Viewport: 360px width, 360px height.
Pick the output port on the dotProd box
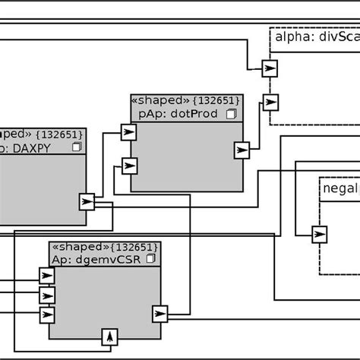[242, 150]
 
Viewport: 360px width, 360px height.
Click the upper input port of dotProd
[129, 133]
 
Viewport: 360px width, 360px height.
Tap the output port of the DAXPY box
[87, 201]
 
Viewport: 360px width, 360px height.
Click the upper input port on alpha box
[270, 68]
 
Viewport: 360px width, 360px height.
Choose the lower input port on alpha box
[270, 101]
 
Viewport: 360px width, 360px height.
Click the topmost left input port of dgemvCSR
[47, 276]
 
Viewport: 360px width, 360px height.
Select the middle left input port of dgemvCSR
[47, 295]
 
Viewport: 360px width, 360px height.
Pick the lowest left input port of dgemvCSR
[47, 314]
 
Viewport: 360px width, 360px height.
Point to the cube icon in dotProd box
[232, 114]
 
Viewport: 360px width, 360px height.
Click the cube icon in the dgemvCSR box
[150, 259]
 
